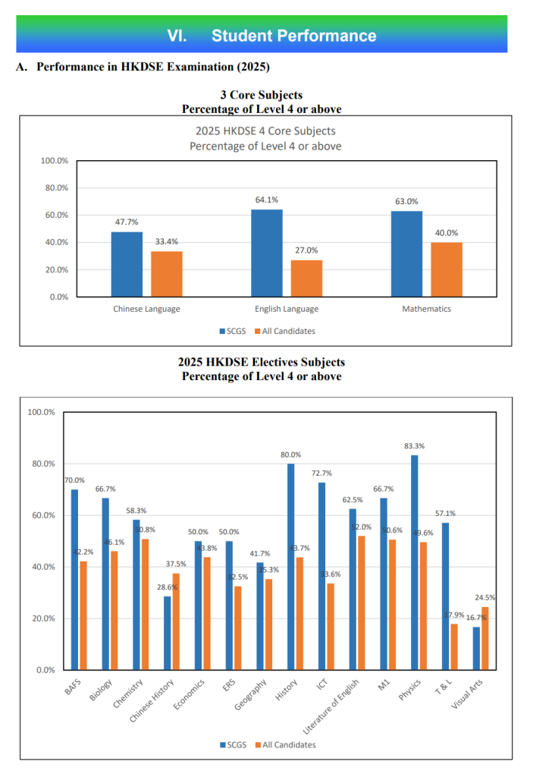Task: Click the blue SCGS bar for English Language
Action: click(x=266, y=253)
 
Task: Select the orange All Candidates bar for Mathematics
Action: click(x=447, y=269)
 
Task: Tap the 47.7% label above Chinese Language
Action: click(x=126, y=222)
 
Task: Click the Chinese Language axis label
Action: click(x=146, y=309)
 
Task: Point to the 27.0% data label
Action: click(x=307, y=250)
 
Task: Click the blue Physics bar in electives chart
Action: click(x=414, y=562)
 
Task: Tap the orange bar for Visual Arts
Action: click(x=485, y=638)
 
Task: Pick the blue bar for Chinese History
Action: click(x=168, y=633)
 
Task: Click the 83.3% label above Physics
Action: click(x=414, y=446)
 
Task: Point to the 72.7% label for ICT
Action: click(x=321, y=473)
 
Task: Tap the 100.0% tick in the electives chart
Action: click(x=42, y=412)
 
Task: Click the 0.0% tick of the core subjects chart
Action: click(x=58, y=297)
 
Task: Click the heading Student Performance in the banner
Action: click(x=293, y=36)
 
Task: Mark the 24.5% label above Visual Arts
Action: click(x=485, y=598)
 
